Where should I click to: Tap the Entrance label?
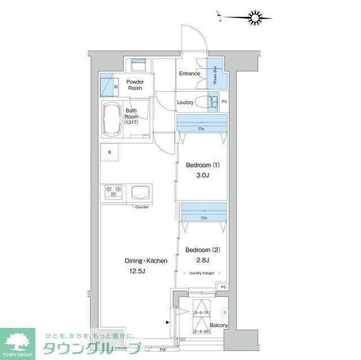(x=190, y=74)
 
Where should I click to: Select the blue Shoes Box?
(x=215, y=73)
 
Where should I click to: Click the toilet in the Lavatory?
(x=212, y=101)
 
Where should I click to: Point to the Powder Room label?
(x=134, y=85)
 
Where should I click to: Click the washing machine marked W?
(x=108, y=86)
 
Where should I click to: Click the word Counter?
(x=142, y=207)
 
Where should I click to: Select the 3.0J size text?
(x=202, y=176)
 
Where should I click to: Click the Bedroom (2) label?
(x=202, y=249)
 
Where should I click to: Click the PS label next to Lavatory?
(x=224, y=102)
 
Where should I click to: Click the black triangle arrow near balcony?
(x=167, y=323)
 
